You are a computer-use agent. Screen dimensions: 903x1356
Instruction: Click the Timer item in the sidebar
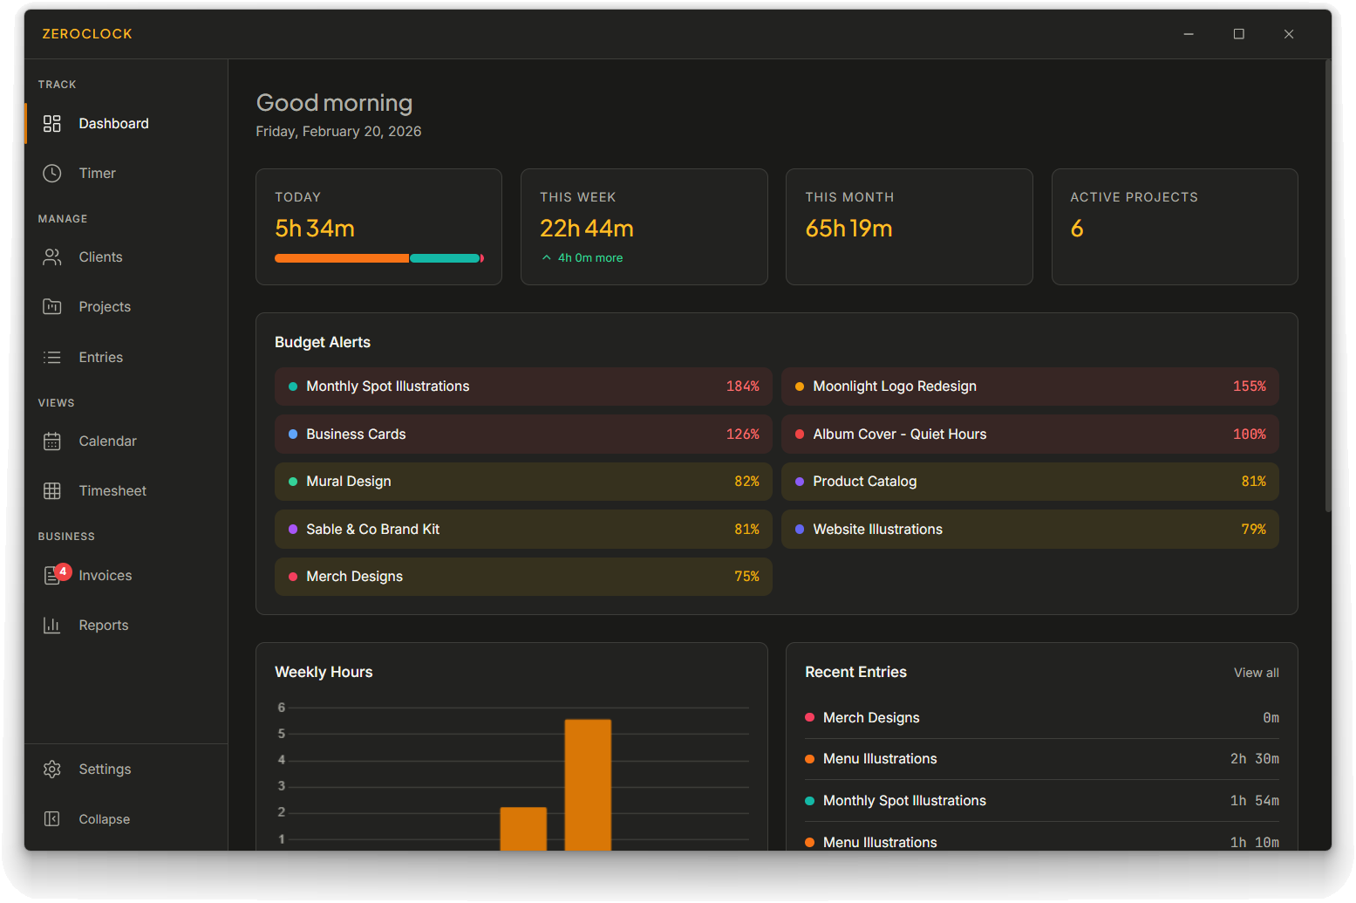pos(97,174)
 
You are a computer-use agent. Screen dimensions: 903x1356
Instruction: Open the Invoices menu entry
pos(105,576)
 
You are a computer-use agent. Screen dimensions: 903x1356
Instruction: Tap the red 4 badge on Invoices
pos(63,571)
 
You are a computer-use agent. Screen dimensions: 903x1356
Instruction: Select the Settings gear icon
pos(52,770)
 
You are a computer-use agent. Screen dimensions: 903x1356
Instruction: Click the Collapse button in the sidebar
pos(104,819)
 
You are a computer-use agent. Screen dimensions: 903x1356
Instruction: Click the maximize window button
pos(1238,34)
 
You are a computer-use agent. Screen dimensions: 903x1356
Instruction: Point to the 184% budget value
pos(742,387)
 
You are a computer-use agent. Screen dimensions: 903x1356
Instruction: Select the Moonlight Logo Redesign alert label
pos(894,387)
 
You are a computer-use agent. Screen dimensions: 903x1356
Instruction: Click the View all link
pos(1256,673)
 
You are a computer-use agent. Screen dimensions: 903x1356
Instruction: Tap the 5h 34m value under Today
pos(315,229)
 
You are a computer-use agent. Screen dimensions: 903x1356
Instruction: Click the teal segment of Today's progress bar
pos(445,258)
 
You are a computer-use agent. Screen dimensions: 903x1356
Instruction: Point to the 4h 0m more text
pos(589,258)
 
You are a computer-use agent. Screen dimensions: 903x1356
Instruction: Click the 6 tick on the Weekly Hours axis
pos(282,708)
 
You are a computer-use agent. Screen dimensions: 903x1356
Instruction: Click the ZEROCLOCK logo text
pos(87,34)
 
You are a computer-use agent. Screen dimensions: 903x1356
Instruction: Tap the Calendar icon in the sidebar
pos(52,441)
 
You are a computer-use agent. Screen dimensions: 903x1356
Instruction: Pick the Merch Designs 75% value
pos(746,577)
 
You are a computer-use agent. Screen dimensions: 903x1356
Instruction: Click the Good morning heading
pos(334,103)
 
